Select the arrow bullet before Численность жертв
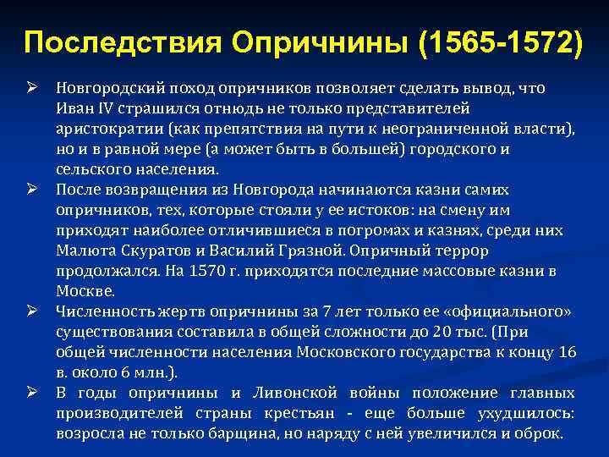(32, 311)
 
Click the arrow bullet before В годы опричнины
(32, 393)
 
